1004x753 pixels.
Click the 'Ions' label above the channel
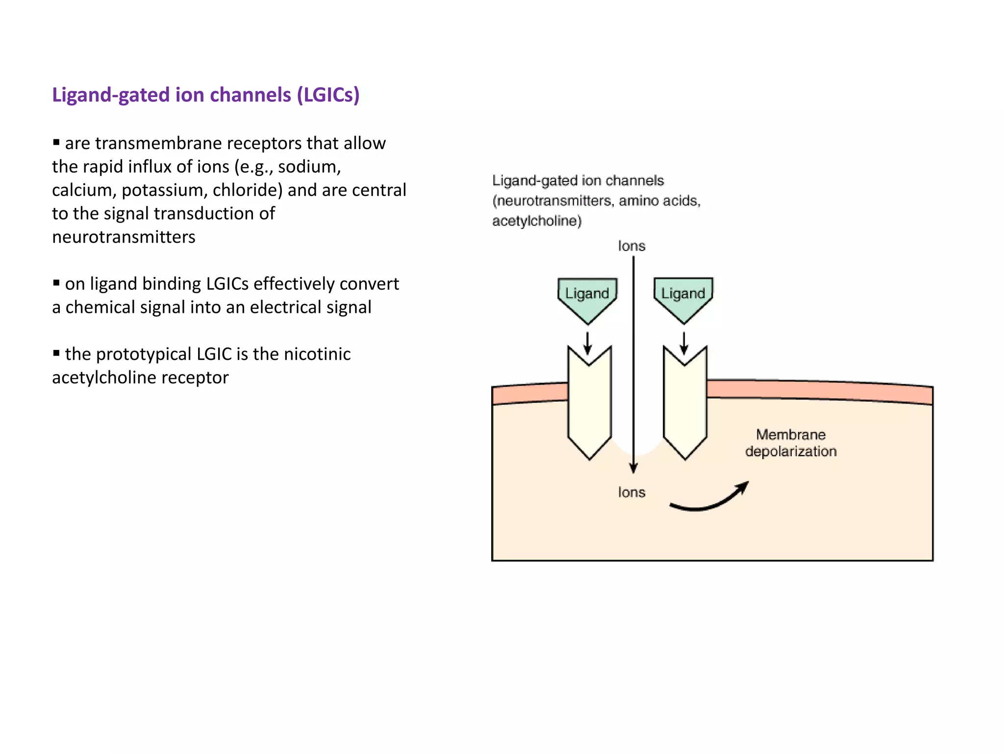coord(631,246)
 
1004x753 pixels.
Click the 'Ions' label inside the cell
coord(631,492)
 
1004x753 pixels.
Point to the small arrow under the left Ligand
coord(587,344)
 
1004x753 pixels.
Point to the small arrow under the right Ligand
coord(684,344)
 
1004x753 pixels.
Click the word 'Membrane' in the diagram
coord(791,435)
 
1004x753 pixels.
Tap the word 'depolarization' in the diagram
coord(791,452)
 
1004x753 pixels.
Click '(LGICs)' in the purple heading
coord(328,95)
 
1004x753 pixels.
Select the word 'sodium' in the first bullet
coord(307,167)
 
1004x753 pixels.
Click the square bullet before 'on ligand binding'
coord(56,283)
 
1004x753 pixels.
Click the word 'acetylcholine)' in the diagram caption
coord(537,221)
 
